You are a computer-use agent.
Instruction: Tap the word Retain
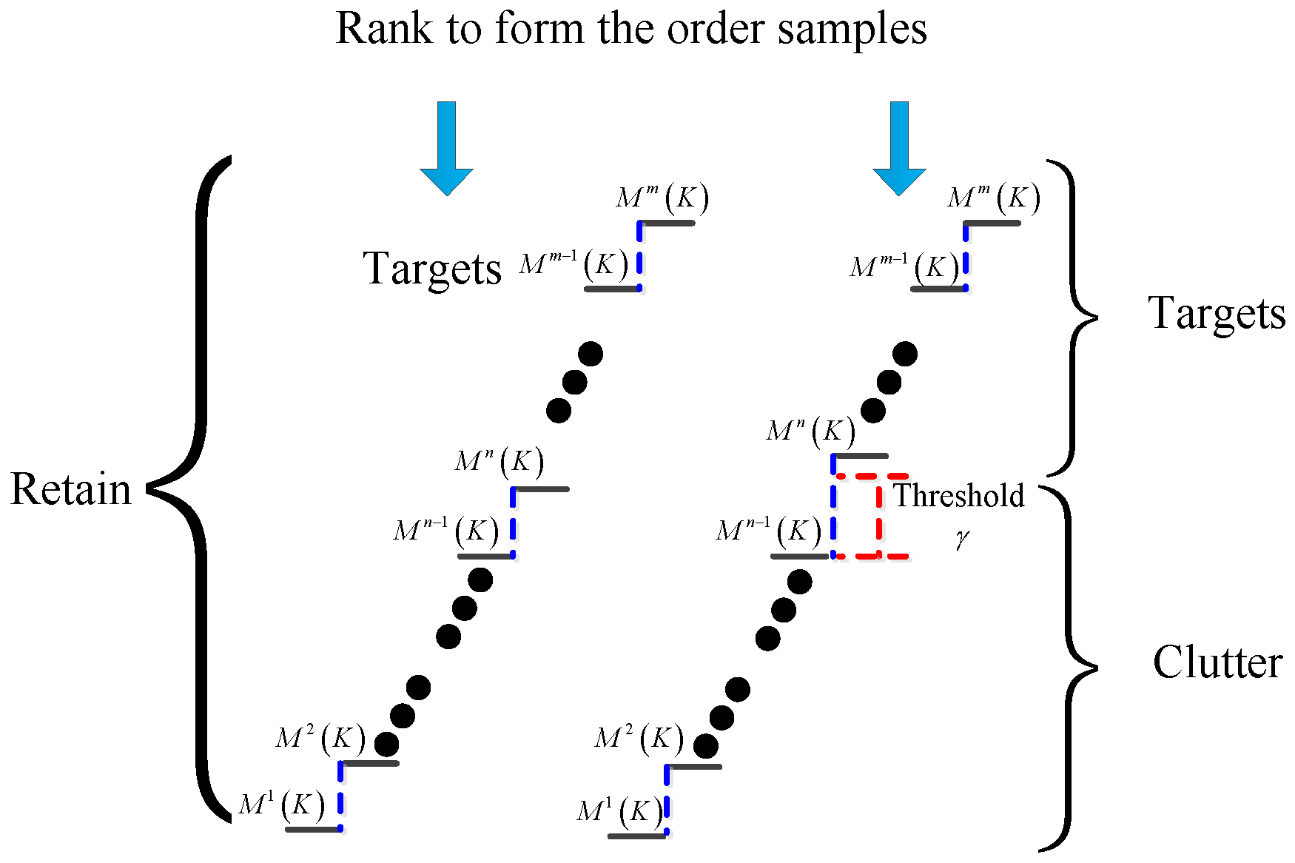coord(71,490)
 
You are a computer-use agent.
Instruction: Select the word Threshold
coord(959,496)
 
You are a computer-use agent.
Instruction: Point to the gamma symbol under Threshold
coord(961,539)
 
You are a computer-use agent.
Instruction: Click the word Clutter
coord(1217,662)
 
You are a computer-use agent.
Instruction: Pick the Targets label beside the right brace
coord(1217,314)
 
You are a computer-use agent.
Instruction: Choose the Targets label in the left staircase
coord(432,269)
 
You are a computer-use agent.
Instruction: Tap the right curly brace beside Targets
coord(1073,318)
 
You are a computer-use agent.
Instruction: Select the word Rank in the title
coord(385,30)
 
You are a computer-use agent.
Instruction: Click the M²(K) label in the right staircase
coord(639,739)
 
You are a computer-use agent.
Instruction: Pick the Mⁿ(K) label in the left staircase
coord(499,462)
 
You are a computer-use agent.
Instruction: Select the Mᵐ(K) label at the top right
coord(994,198)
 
